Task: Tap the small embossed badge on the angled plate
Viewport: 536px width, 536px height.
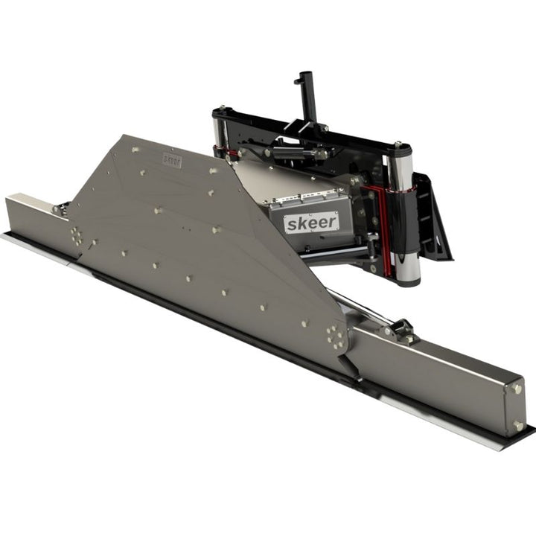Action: click(172, 161)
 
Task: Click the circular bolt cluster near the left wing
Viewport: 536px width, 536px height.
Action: click(77, 236)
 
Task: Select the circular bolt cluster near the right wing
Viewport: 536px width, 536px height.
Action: click(336, 337)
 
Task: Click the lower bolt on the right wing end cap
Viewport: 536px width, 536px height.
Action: click(517, 426)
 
